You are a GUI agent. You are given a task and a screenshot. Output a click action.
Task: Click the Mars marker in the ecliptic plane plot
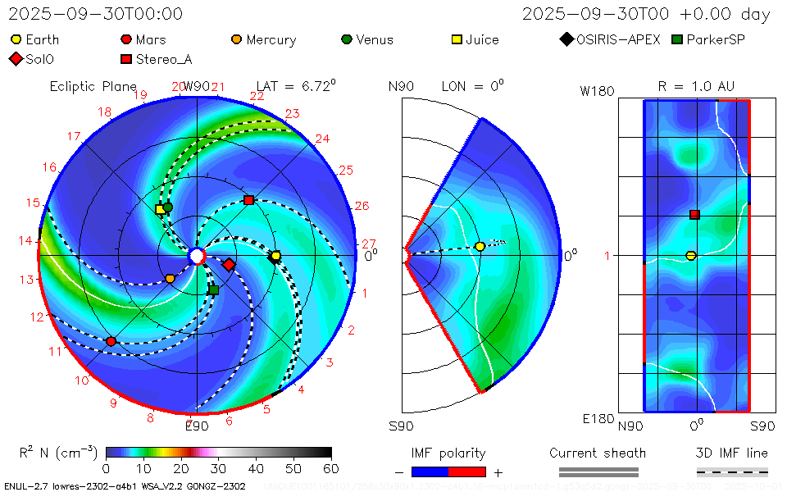(111, 341)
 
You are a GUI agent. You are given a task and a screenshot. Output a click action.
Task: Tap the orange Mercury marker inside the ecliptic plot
(170, 279)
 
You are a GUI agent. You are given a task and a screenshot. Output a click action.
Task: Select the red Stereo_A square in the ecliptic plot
(249, 200)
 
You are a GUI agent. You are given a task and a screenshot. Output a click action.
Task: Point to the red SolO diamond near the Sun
(230, 264)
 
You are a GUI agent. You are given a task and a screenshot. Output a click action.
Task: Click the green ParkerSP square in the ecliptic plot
(214, 289)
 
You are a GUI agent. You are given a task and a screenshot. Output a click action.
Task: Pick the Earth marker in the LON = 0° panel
(480, 247)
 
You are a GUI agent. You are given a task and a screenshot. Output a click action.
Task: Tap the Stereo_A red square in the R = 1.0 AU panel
(694, 215)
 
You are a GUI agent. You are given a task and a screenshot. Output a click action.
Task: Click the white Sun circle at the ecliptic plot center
(197, 257)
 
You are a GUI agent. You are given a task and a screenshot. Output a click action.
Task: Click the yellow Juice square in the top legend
(458, 39)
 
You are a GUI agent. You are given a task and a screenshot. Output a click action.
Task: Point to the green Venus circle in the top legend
(347, 39)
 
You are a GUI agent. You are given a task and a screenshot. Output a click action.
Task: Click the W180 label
(597, 91)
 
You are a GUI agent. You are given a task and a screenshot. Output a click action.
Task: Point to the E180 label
(598, 419)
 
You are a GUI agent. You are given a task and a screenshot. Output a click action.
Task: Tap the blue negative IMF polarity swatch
(430, 471)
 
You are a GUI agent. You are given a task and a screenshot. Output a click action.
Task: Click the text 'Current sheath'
(598, 453)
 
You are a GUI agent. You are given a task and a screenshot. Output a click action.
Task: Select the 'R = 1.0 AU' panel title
(696, 86)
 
